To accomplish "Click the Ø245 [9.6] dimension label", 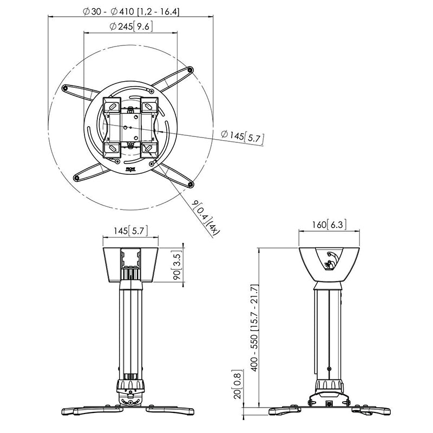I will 130,25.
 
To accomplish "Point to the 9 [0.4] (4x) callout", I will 206,216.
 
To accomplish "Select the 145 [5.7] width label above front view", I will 129,231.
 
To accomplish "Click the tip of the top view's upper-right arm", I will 190,69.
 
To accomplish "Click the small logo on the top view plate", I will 130,169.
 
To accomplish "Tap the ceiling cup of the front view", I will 130,265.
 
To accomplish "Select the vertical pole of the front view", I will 130,330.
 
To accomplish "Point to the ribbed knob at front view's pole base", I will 129,386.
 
